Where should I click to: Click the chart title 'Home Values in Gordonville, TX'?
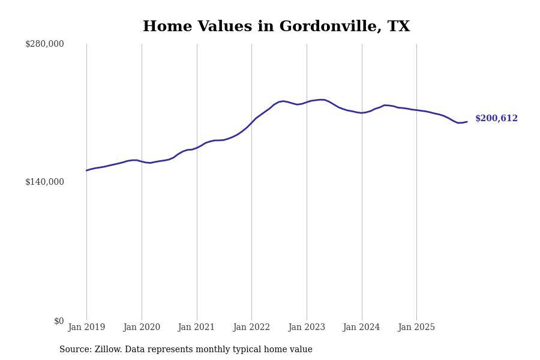(x=276, y=27)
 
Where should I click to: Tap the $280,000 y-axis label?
(x=44, y=44)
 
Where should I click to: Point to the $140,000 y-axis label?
(x=44, y=182)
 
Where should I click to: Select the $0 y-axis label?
(x=59, y=321)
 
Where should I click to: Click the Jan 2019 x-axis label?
(x=86, y=328)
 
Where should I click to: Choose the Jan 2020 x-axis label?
(x=142, y=328)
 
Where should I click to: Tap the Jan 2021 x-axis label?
(x=197, y=328)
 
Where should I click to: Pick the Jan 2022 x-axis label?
(x=251, y=328)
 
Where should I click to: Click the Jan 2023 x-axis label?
(x=307, y=328)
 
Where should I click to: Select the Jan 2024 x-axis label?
(x=361, y=328)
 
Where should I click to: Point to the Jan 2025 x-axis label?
(x=416, y=328)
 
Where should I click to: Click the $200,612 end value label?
(x=496, y=119)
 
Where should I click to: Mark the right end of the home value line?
(x=467, y=122)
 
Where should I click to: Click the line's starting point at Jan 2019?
(x=86, y=170)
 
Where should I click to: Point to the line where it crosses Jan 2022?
(x=251, y=122)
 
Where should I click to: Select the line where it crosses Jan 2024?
(x=362, y=113)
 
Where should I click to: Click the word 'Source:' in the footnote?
(x=76, y=350)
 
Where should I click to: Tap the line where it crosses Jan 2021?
(x=197, y=147)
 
